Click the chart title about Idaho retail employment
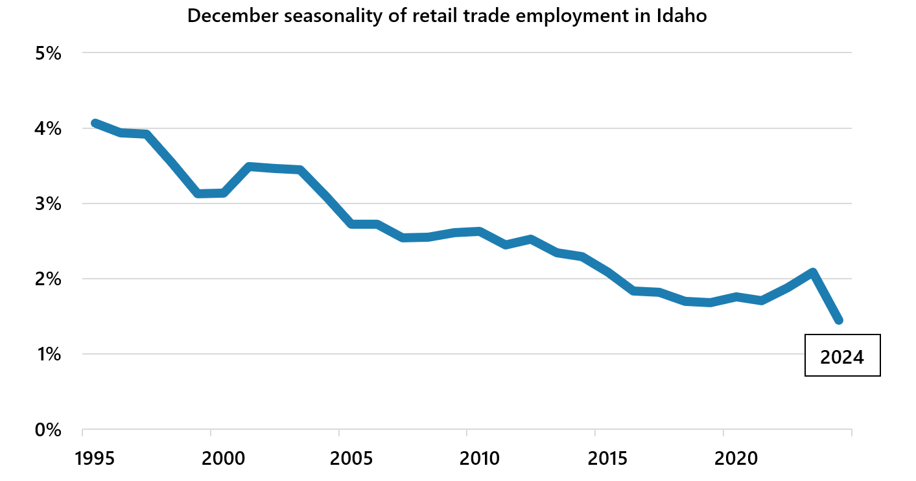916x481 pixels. (x=447, y=16)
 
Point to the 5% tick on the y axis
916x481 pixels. (x=48, y=53)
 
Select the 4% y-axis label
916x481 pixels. (x=48, y=128)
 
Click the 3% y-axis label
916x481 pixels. (x=48, y=204)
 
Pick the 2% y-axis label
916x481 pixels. (x=48, y=279)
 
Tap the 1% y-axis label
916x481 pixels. (x=48, y=354)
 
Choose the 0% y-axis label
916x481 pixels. (x=48, y=429)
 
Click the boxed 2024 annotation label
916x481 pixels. (x=842, y=356)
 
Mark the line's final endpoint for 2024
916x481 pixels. (x=838, y=320)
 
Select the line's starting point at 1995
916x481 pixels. (x=95, y=123)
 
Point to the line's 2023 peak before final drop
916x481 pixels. (x=812, y=273)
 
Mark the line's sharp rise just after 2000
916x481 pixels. (x=237, y=180)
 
